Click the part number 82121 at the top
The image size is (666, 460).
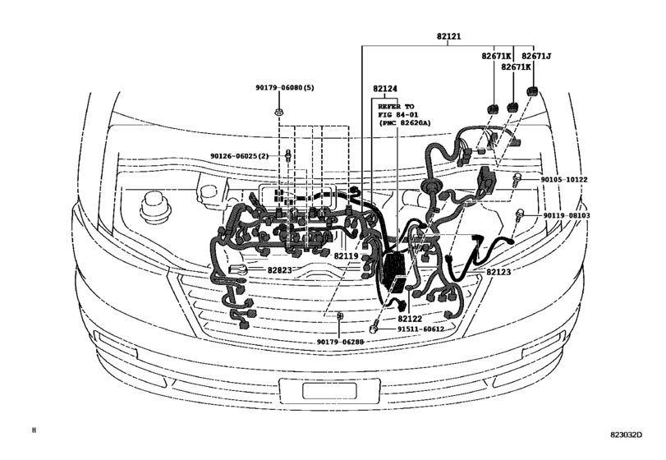(447, 39)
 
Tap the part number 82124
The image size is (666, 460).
(384, 89)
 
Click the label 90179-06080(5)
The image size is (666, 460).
(284, 87)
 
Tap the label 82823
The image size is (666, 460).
(278, 269)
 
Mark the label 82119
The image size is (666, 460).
(347, 256)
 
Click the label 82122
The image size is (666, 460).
(411, 318)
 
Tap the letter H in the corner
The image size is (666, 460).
(34, 430)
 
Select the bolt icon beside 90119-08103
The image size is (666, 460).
(521, 215)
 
